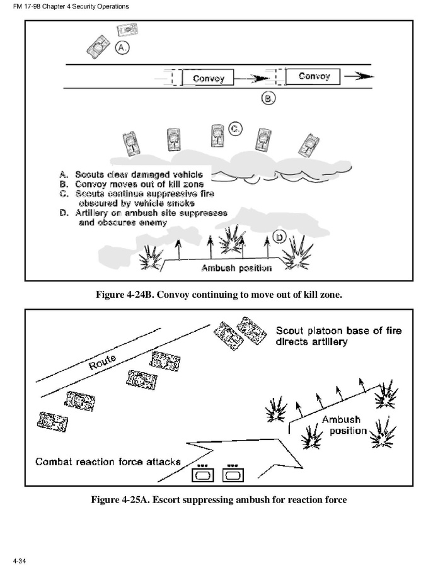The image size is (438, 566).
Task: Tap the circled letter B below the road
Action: pyautogui.click(x=268, y=98)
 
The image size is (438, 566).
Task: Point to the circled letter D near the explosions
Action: pyautogui.click(x=280, y=237)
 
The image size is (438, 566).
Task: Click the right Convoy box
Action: pyautogui.click(x=313, y=77)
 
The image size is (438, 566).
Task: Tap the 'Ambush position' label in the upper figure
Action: pyautogui.click(x=236, y=268)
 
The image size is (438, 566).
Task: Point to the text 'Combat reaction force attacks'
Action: pyautogui.click(x=108, y=461)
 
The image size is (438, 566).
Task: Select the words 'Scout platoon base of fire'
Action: pyautogui.click(x=338, y=331)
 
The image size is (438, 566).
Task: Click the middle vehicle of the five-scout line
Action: pyautogui.click(x=218, y=136)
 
